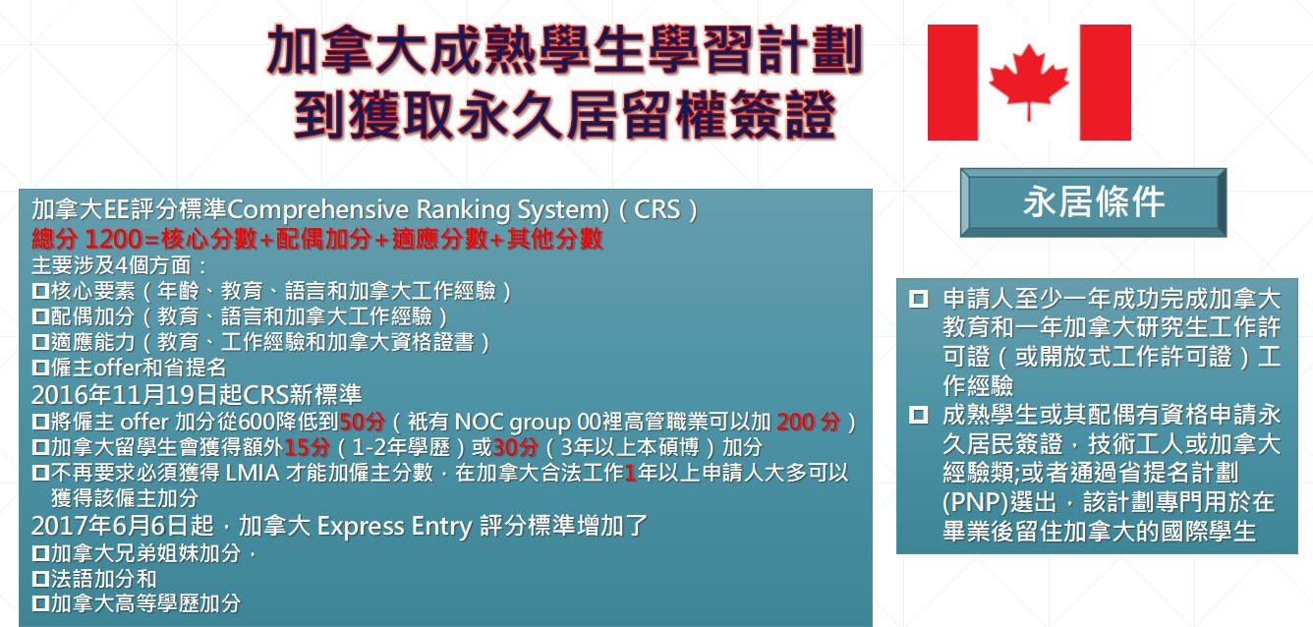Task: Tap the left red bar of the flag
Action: point(952,82)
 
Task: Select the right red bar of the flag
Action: point(1106,82)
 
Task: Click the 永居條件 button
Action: point(1093,202)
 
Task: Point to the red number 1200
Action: point(113,239)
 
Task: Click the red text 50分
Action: point(363,422)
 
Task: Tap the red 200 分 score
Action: point(809,422)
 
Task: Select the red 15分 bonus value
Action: point(308,447)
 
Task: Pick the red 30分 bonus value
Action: point(515,447)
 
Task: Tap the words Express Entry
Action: point(394,526)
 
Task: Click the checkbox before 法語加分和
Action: point(40,579)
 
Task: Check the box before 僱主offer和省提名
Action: point(40,368)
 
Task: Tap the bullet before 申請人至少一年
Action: point(918,299)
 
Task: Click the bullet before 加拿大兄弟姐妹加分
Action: point(40,552)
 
